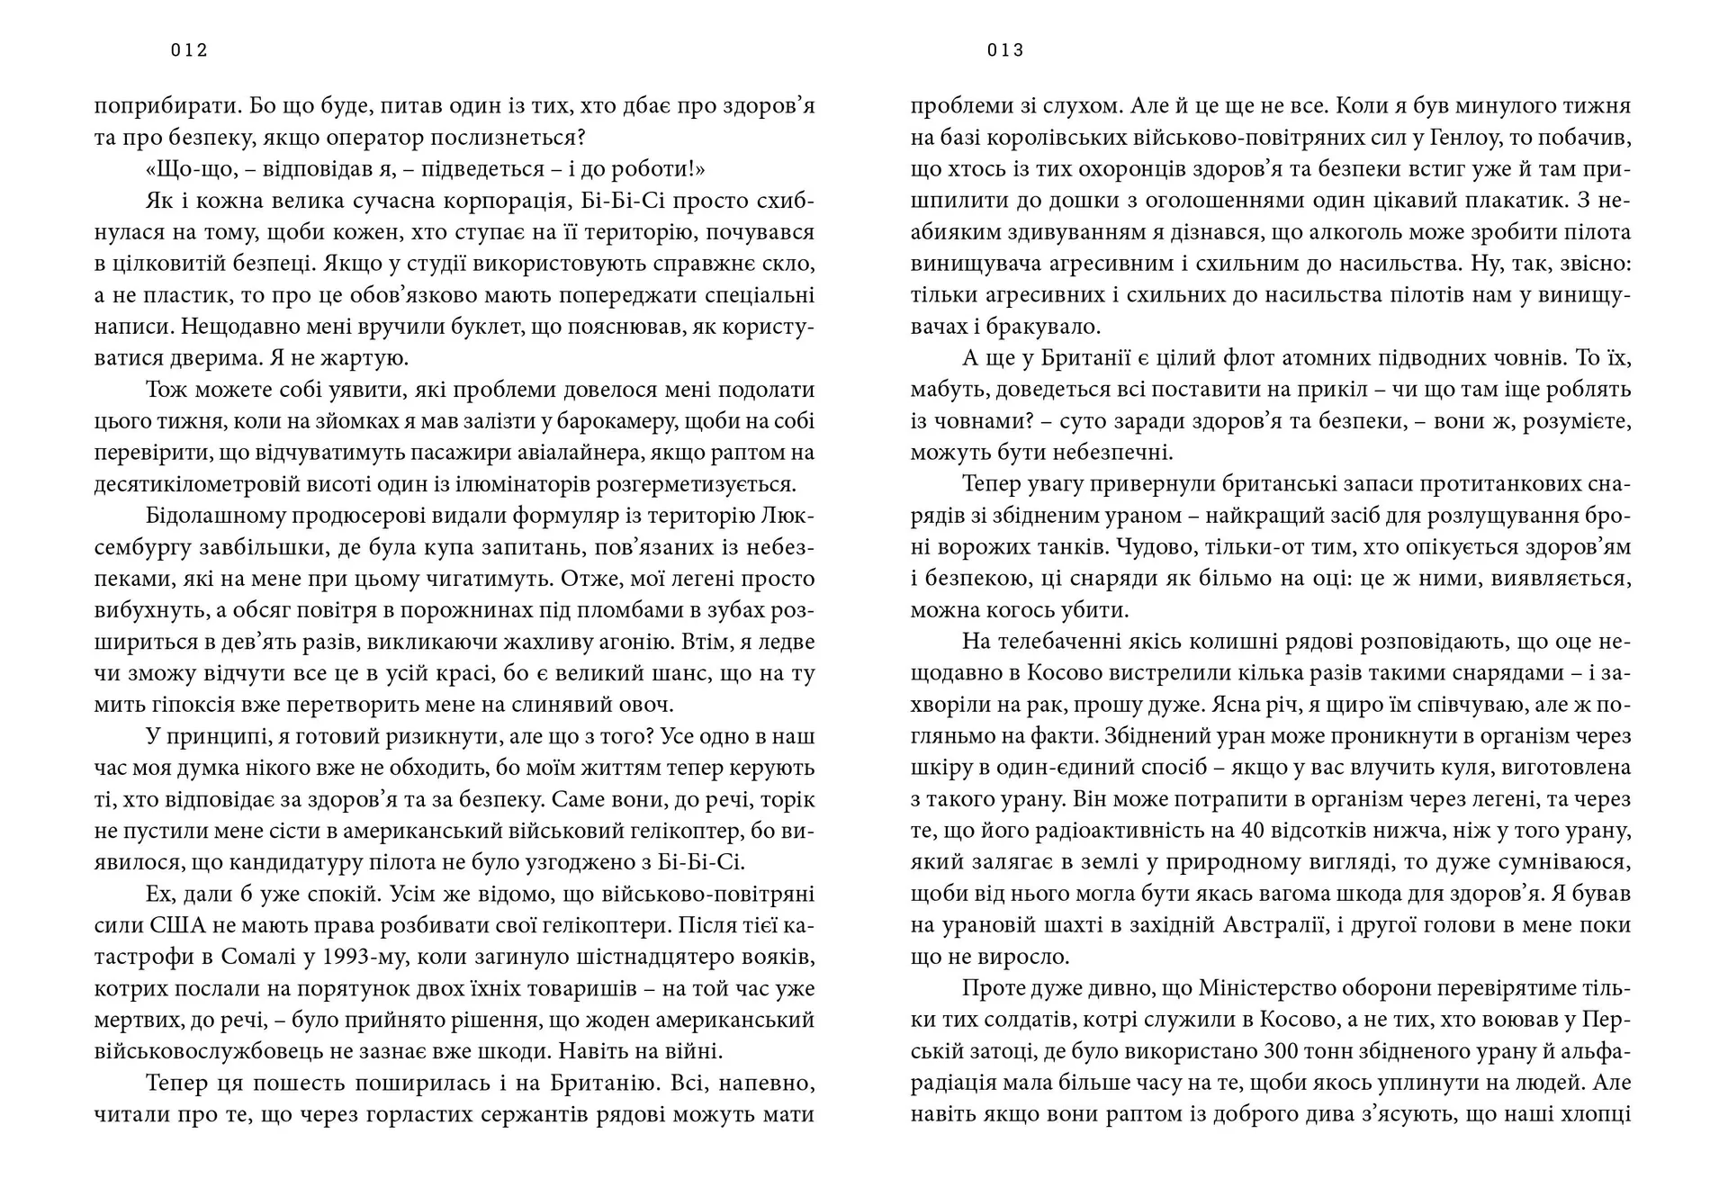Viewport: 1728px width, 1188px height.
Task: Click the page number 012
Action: click(189, 50)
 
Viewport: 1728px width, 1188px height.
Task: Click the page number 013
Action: click(1005, 50)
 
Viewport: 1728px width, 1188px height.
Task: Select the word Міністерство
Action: click(1269, 988)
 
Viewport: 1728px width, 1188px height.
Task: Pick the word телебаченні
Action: click(1063, 642)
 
